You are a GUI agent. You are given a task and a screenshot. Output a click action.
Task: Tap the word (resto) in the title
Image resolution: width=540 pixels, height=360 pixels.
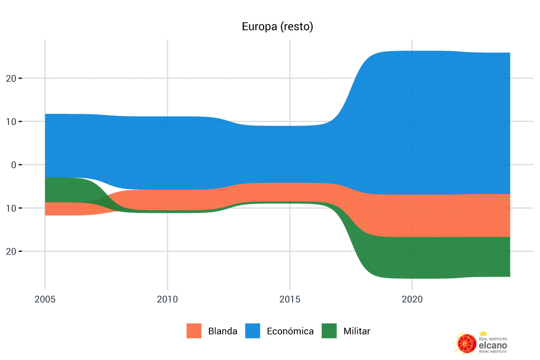pos(297,27)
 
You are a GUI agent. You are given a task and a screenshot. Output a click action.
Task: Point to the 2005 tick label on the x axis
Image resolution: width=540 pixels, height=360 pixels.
pos(45,299)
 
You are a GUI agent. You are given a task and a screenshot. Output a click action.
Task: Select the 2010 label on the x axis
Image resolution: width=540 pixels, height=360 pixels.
pos(167,299)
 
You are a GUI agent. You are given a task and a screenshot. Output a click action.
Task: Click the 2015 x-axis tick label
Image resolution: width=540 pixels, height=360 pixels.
pos(290,299)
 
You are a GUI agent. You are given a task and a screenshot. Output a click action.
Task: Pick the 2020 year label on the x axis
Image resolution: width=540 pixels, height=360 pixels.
pos(412,299)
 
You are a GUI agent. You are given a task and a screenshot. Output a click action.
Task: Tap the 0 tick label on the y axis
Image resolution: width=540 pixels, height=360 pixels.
pos(14,165)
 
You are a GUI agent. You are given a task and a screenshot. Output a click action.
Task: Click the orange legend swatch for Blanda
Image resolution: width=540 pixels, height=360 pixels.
pos(194,331)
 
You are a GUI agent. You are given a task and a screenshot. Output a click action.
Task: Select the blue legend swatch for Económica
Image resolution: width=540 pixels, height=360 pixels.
pos(253,331)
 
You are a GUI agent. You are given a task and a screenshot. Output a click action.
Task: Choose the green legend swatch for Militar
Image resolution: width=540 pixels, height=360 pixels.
pos(329,331)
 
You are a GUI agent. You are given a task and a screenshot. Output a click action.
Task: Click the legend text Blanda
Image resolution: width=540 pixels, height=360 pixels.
pos(223,332)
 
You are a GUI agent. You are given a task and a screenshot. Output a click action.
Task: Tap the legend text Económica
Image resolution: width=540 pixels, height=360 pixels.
pos(290,332)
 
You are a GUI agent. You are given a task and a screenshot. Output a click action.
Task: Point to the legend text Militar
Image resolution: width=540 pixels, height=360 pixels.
pos(356,332)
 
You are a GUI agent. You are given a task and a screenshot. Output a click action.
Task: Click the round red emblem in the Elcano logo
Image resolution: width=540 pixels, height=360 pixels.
pos(466,343)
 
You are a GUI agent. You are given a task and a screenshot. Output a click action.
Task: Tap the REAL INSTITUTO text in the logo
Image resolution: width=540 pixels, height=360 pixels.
pos(493,338)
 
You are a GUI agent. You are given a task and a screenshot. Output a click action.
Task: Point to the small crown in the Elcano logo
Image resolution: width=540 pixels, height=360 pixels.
pos(483,334)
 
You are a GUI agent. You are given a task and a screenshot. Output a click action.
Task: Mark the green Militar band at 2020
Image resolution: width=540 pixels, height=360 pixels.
pos(412,257)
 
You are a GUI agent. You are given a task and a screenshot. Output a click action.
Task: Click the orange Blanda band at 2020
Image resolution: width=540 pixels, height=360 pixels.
pos(412,216)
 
